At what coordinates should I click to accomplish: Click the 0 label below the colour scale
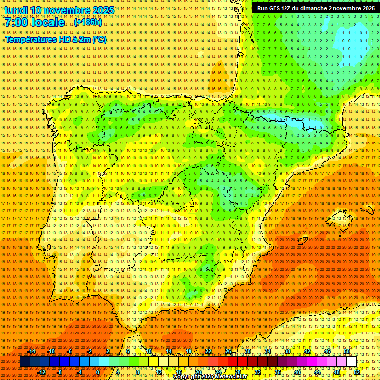(x=99, y=372)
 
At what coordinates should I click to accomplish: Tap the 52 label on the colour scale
(x=357, y=372)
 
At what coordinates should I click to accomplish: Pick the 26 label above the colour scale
(x=228, y=351)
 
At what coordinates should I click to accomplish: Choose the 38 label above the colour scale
(x=287, y=351)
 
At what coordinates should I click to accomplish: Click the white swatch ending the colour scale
(x=352, y=362)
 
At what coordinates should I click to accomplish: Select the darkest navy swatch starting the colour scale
(x=25, y=362)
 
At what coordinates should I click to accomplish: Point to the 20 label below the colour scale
(x=198, y=372)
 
